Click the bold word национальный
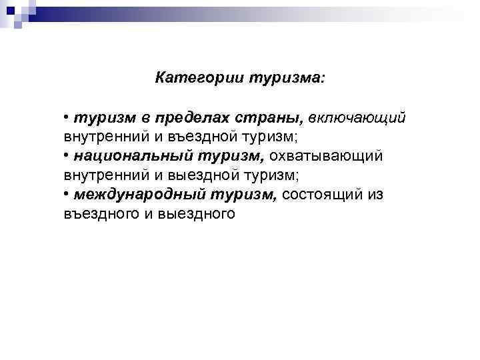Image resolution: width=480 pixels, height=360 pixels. click(x=132, y=156)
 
